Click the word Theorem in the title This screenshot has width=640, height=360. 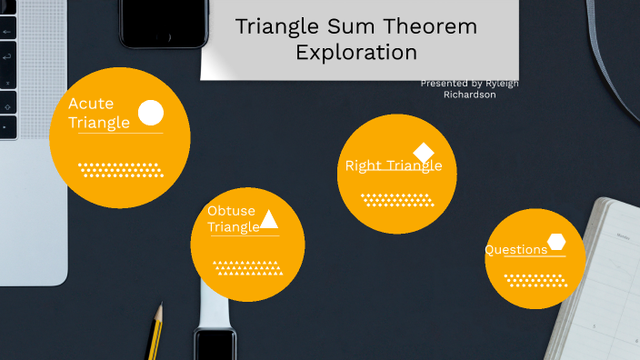[x=430, y=26]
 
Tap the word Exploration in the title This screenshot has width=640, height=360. [x=356, y=53]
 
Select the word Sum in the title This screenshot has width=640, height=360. [x=351, y=26]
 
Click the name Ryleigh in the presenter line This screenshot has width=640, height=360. [x=502, y=84]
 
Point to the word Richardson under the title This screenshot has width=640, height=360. [x=470, y=95]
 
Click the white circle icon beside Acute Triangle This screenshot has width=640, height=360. [x=151, y=113]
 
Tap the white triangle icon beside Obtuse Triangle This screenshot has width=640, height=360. [x=268, y=219]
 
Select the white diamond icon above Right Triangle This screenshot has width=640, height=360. [x=424, y=153]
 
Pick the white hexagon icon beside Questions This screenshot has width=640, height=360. [x=556, y=242]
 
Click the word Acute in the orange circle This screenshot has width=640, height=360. [x=91, y=104]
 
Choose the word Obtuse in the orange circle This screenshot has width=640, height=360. [x=231, y=211]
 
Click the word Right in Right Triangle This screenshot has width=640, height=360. [x=363, y=166]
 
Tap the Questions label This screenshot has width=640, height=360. [x=516, y=250]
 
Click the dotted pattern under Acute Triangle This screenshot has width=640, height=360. [x=121, y=170]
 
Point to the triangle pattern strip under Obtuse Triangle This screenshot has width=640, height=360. [x=248, y=268]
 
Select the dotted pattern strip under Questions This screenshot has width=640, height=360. [x=535, y=281]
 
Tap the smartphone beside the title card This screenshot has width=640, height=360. [x=164, y=24]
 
